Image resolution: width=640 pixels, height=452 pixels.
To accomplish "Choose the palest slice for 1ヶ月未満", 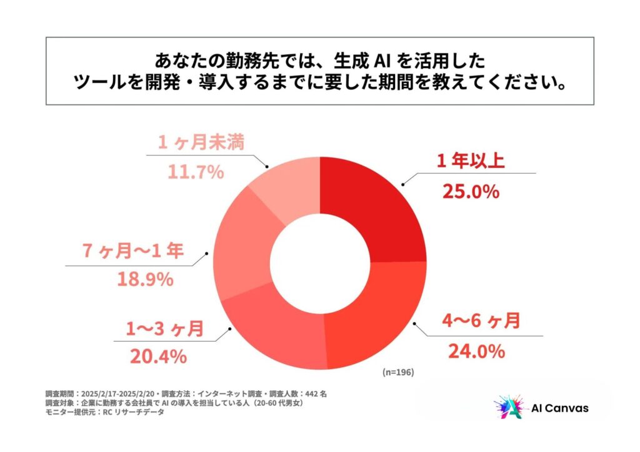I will pos(287,187).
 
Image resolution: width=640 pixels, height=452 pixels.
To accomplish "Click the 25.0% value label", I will pos(471,191).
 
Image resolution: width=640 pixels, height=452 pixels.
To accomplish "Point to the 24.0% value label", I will pos(476,351).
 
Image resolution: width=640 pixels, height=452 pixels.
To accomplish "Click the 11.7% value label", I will pos(196,171).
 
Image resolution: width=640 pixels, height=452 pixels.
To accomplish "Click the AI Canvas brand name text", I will pos(559,408).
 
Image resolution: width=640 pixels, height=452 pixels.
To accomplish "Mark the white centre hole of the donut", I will pos(320,263).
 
